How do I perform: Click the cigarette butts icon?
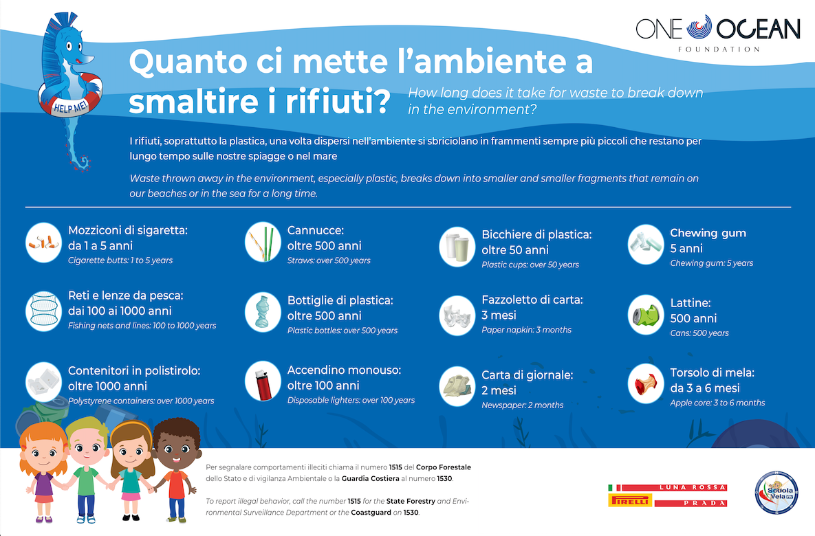(44, 242)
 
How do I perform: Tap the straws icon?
(263, 241)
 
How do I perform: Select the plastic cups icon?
(457, 246)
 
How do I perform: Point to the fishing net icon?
(44, 310)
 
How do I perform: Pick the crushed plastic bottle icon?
(263, 313)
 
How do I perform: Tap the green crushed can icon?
(646, 315)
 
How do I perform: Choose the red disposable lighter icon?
(263, 382)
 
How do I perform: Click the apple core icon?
(646, 383)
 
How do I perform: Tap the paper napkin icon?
(457, 315)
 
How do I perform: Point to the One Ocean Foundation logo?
(717, 32)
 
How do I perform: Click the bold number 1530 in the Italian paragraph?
(443, 478)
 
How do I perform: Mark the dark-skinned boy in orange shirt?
(176, 467)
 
